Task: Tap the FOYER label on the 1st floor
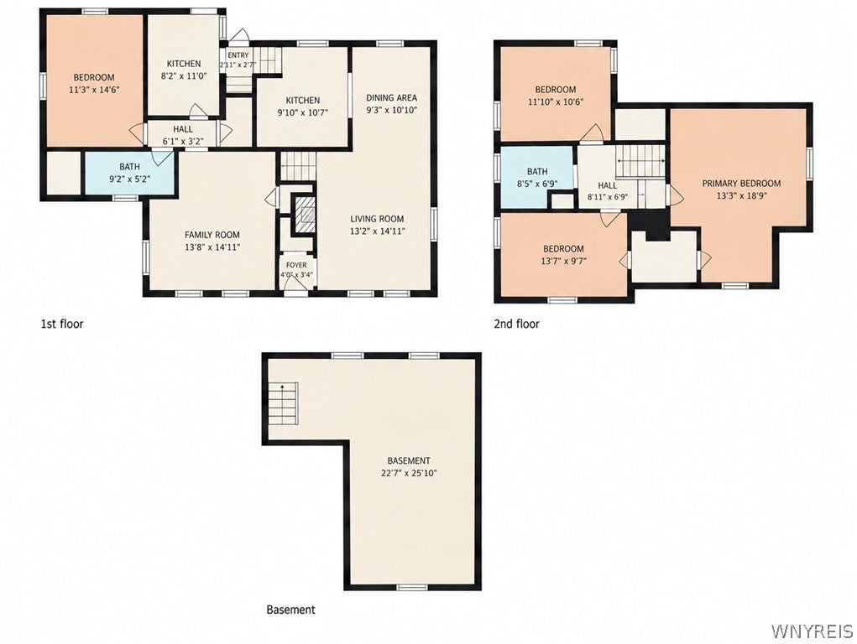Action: pos(296,265)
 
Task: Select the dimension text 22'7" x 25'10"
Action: pos(409,473)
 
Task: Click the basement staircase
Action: pos(282,403)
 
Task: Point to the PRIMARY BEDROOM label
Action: pos(741,184)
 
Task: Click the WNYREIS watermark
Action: pos(812,631)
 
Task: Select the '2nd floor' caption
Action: pos(516,324)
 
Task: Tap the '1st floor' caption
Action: pos(62,324)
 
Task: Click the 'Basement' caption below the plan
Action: pos(290,610)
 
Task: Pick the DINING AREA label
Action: pos(391,98)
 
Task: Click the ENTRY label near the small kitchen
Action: pos(238,55)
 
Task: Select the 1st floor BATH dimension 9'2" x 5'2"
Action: pos(129,178)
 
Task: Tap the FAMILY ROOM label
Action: pos(212,235)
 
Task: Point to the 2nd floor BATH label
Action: pos(537,172)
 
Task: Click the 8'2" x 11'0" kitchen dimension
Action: pos(184,76)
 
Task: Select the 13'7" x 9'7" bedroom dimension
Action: pos(563,261)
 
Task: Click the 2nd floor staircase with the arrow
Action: pos(641,161)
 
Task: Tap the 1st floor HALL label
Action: pos(182,129)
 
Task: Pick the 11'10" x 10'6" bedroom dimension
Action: pos(556,101)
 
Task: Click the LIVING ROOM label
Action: pos(377,219)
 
